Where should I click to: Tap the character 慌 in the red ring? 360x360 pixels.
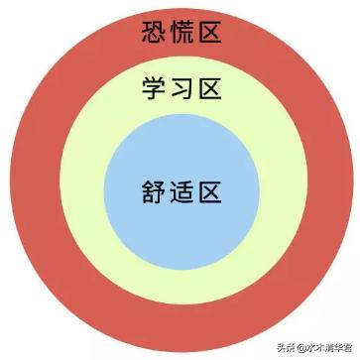[x=180, y=36]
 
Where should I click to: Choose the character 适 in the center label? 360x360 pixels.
[x=180, y=189]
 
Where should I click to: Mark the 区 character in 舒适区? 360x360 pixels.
[x=209, y=189]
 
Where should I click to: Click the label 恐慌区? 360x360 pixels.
[x=180, y=36]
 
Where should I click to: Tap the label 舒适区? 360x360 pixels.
[x=180, y=189]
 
